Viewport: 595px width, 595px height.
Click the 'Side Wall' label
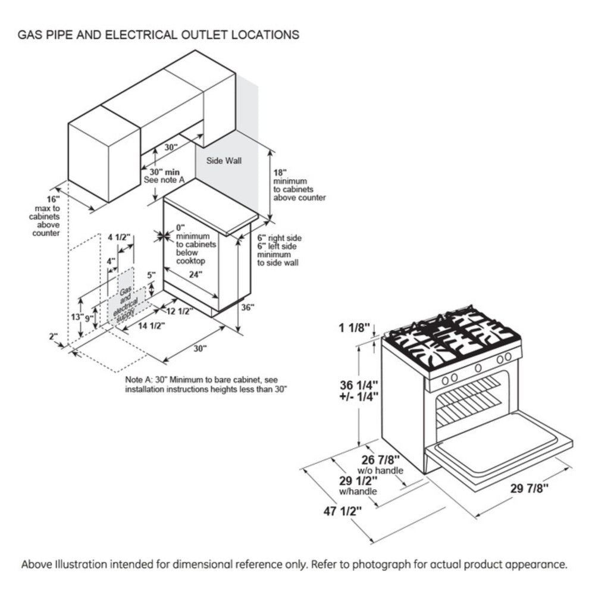(x=224, y=161)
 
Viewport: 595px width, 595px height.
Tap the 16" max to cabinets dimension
(x=54, y=198)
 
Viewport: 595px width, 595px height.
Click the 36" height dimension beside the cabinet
(x=248, y=308)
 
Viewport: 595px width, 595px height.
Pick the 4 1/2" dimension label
(x=119, y=237)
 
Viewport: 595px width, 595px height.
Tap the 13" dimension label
(x=77, y=317)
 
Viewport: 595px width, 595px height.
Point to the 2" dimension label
(x=54, y=336)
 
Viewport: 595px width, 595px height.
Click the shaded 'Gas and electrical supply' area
(x=126, y=301)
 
